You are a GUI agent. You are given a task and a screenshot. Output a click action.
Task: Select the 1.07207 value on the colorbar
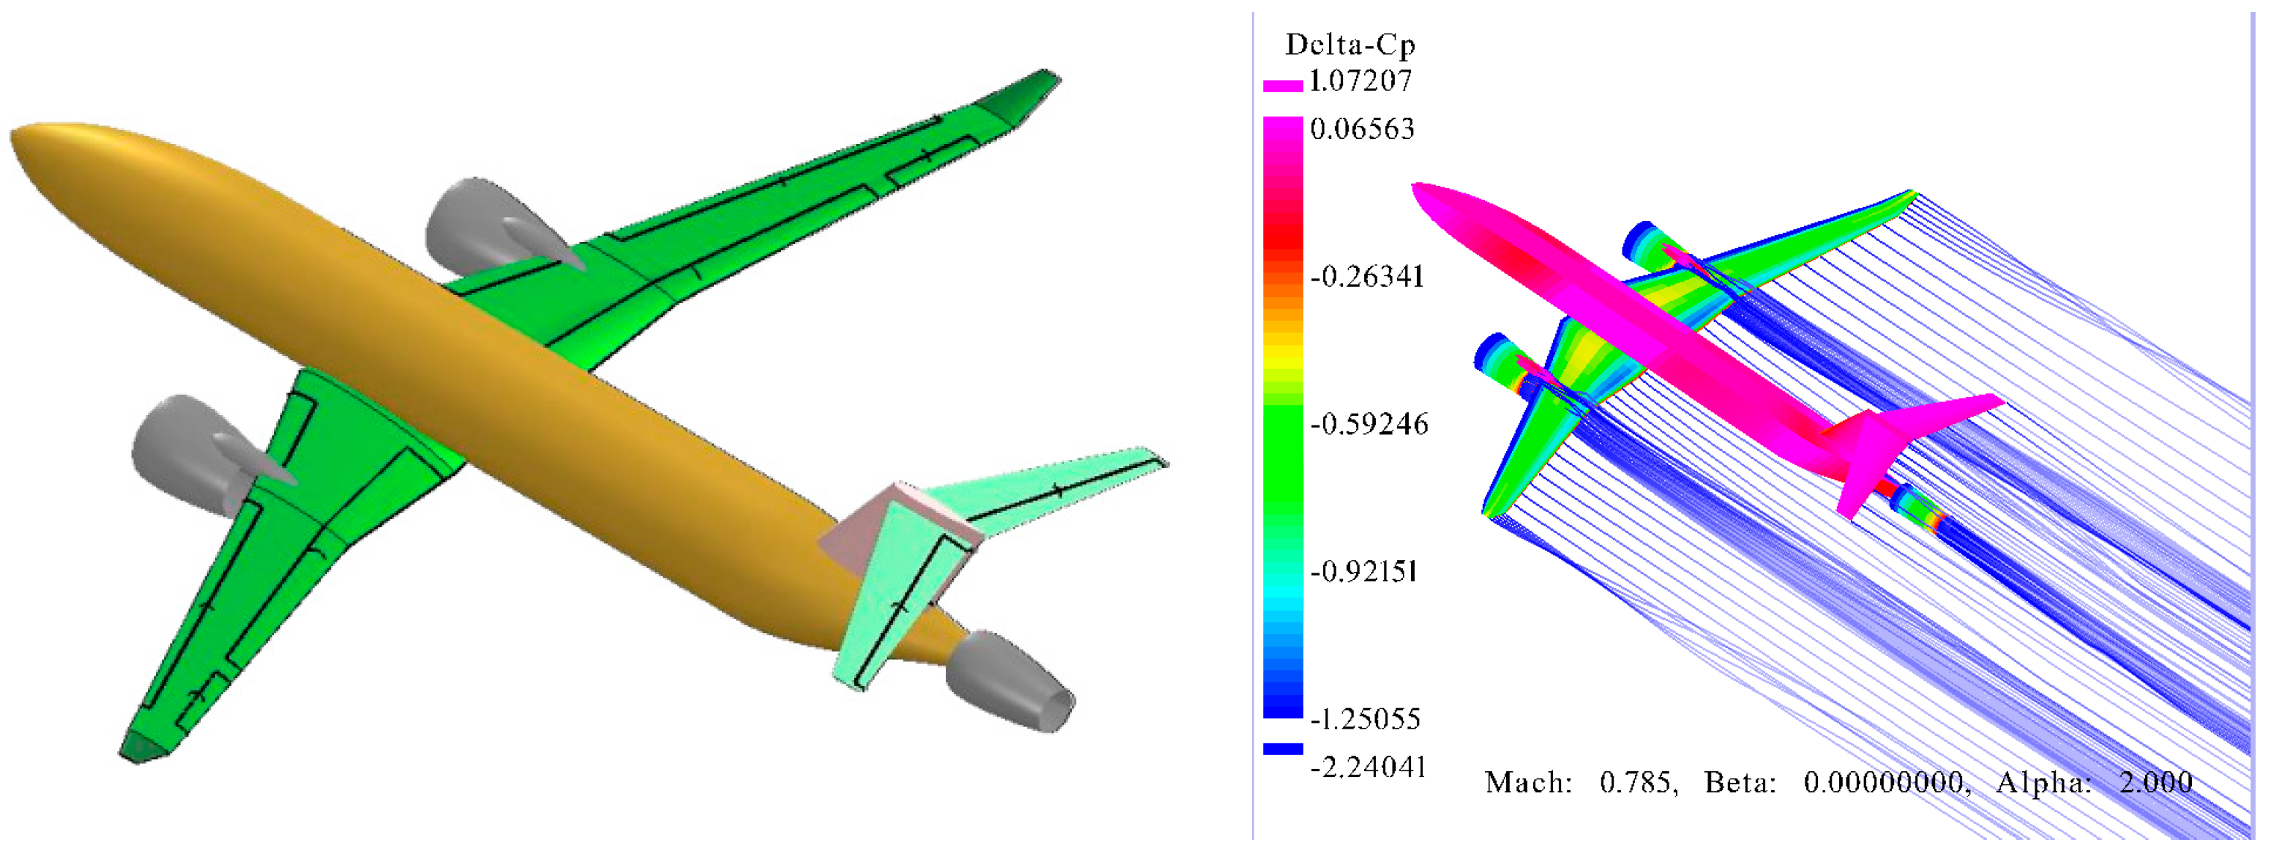point(1360,81)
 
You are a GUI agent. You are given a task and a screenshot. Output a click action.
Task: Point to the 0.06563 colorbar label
point(1362,129)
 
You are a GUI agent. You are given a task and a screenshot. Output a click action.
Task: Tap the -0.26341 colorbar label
point(1367,277)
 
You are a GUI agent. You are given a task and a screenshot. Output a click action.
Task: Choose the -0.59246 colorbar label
point(1369,425)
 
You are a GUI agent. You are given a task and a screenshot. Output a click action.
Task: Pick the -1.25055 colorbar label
point(1366,719)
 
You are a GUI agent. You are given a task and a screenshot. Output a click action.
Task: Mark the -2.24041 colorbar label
point(1368,767)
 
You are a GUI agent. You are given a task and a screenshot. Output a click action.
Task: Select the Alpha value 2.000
point(2156,782)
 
